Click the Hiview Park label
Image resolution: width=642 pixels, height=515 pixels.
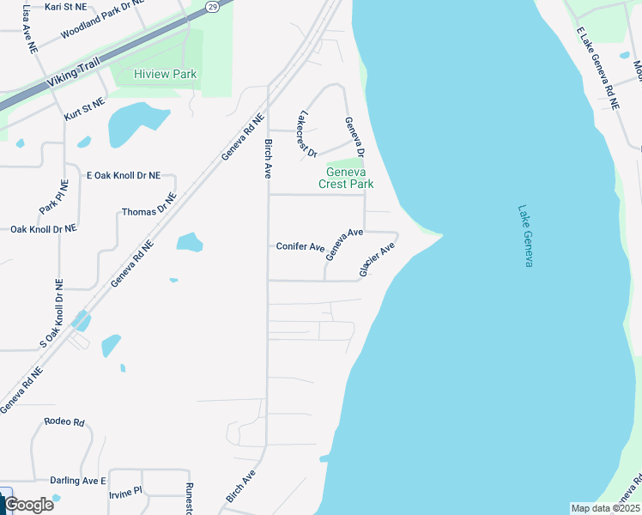(165, 75)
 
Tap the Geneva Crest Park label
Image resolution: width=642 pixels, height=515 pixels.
(346, 178)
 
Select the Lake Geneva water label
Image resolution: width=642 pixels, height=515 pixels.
(525, 235)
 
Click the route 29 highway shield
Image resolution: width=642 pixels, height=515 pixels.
(211, 5)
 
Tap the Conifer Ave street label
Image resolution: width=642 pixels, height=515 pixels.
(300, 246)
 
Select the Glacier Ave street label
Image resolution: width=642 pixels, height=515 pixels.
(377, 259)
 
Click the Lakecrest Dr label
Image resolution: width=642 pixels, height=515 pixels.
(306, 135)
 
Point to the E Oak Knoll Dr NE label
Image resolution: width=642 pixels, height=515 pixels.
(124, 175)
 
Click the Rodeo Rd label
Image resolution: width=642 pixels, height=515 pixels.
(65, 422)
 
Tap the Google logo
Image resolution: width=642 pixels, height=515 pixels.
(28, 505)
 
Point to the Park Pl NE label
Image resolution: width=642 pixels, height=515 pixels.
(54, 197)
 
